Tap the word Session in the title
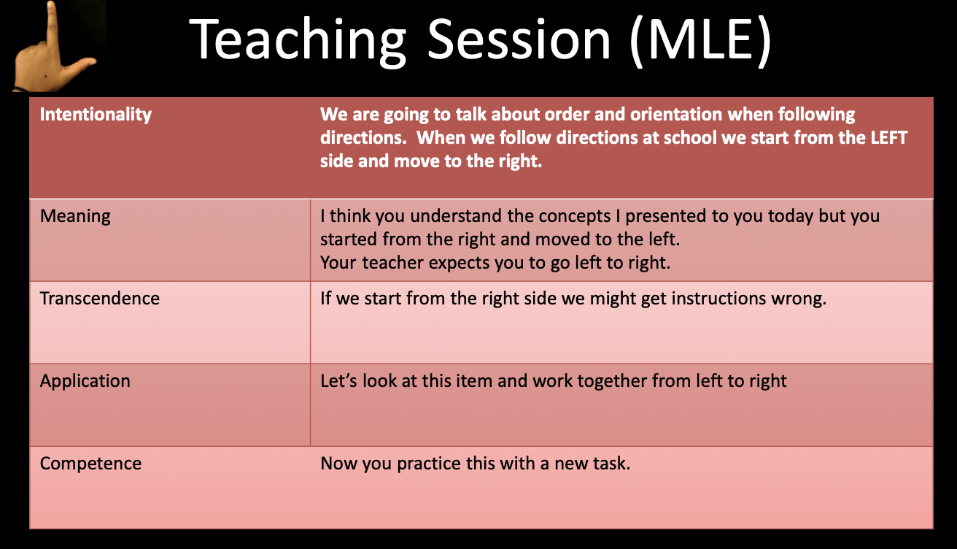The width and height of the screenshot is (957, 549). click(519, 39)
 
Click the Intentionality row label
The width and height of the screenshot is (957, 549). click(96, 115)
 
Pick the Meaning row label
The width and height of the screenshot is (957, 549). click(75, 216)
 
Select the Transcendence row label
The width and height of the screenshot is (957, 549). click(99, 298)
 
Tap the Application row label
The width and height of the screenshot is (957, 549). click(85, 381)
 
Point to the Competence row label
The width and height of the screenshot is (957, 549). click(90, 464)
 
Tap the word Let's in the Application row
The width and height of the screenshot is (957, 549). click(338, 380)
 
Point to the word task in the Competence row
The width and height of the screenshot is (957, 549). click(613, 463)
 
